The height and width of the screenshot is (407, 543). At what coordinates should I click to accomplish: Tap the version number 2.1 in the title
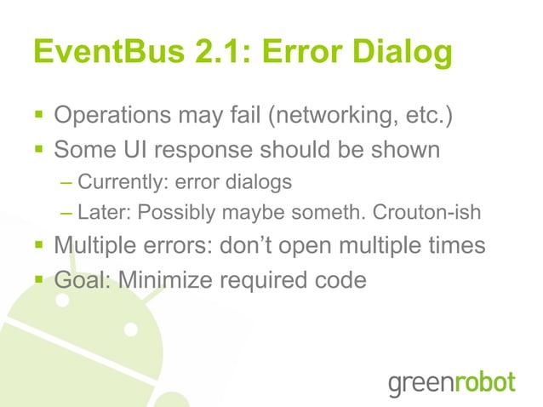coord(214,54)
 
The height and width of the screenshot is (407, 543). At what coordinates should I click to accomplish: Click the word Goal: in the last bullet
coord(82,279)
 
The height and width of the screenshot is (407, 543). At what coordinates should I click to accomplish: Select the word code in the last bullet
coord(342,279)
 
